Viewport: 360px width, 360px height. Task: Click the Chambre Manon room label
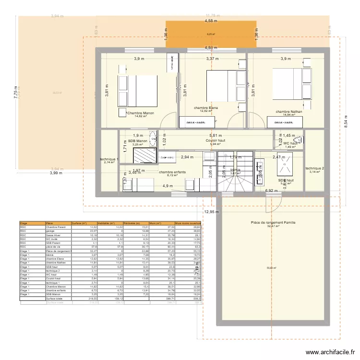point(141,113)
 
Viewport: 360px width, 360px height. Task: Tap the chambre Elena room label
point(206,108)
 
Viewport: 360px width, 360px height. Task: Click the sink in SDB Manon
point(153,139)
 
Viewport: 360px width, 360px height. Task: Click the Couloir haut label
point(215,141)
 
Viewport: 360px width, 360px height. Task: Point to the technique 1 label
point(108,159)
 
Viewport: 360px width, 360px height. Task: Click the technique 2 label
point(314,168)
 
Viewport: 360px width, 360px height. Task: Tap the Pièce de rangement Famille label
point(273,223)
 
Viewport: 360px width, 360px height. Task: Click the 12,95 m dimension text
point(211,212)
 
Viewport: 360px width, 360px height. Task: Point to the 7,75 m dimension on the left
point(15,93)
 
